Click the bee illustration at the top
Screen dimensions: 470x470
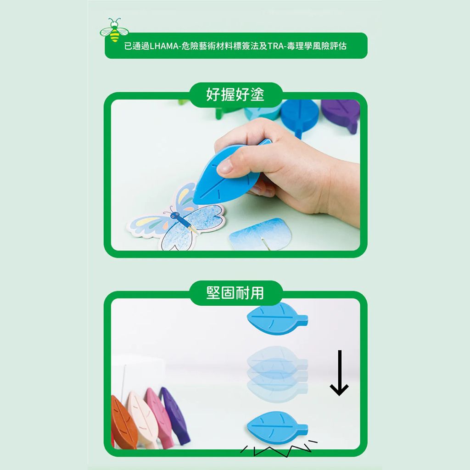coord(114,30)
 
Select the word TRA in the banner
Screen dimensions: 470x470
coord(275,46)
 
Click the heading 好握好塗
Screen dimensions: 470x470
coord(235,95)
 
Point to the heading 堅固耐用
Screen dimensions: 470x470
coord(235,293)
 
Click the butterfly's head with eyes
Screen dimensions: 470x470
coord(175,214)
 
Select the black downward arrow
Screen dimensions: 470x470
coord(339,373)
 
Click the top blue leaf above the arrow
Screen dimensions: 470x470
coord(277,319)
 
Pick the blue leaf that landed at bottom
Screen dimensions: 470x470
coord(277,428)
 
